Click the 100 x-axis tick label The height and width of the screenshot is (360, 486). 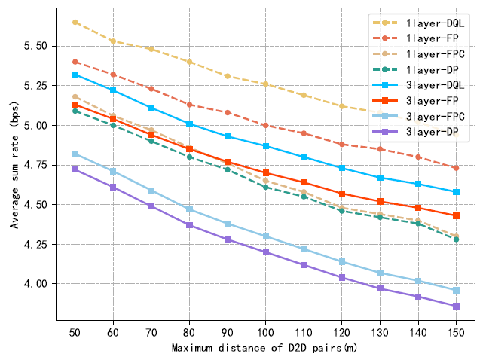pos(265,332)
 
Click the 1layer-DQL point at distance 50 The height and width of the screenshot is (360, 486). pos(75,22)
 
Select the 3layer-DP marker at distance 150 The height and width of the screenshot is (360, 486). pos(456,306)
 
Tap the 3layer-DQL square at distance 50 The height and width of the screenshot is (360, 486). pos(75,75)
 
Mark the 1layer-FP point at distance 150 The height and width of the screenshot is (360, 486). pos(456,168)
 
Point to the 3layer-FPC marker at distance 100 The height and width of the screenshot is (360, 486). pos(265,236)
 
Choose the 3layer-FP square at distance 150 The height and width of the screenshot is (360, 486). pos(456,215)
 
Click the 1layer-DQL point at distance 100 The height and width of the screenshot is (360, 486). pos(265,84)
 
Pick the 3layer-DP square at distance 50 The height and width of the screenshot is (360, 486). pos(75,169)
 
